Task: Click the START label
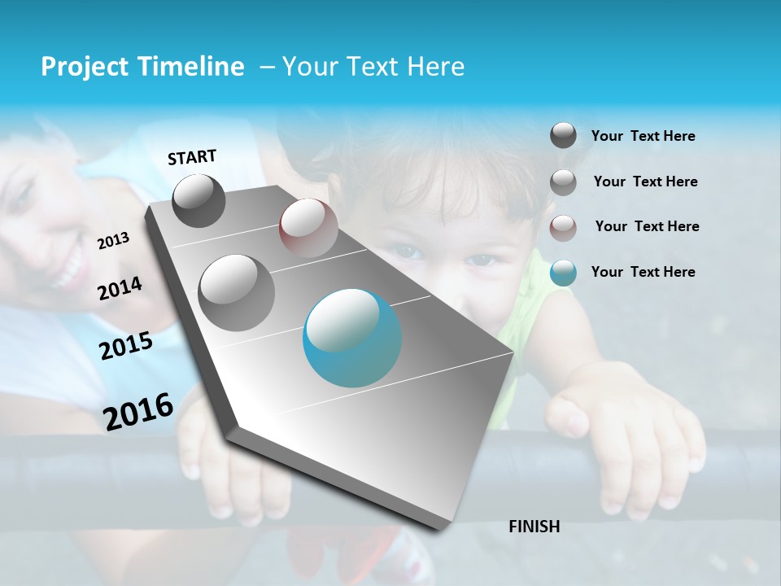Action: click(192, 157)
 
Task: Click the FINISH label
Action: click(534, 527)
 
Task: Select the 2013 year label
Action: click(114, 240)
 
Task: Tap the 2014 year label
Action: click(120, 288)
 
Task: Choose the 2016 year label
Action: click(138, 411)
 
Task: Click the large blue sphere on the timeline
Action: click(351, 337)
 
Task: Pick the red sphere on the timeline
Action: click(308, 227)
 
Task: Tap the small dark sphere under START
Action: click(199, 200)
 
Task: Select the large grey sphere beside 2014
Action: click(236, 292)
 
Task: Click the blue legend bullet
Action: click(563, 272)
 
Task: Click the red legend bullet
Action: click(563, 227)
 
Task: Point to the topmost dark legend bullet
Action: click(563, 136)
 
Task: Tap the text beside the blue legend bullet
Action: click(643, 272)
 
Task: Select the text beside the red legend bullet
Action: click(647, 226)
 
